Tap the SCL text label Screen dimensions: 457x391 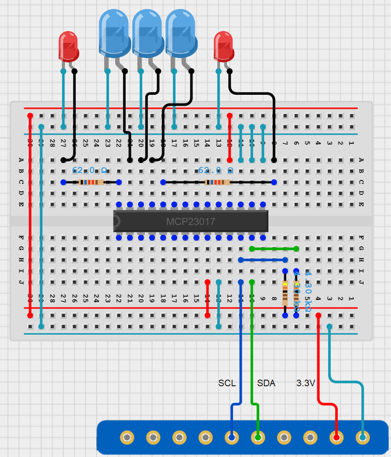click(227, 383)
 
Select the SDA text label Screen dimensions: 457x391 click(266, 383)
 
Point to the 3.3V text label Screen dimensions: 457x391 click(305, 383)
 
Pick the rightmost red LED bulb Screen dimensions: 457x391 click(224, 46)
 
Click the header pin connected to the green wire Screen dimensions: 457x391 click(258, 438)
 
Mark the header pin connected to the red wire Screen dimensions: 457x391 click(336, 438)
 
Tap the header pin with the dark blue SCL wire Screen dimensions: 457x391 click(232, 438)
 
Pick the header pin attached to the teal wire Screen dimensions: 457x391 click(362, 438)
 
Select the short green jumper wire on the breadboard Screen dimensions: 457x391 click(274, 248)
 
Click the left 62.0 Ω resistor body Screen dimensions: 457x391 click(91, 182)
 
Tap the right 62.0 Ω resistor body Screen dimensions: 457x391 click(217, 182)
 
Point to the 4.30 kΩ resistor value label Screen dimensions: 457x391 click(308, 291)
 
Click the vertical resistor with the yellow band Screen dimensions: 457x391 click(285, 292)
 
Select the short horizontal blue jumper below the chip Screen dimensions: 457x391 click(263, 260)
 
